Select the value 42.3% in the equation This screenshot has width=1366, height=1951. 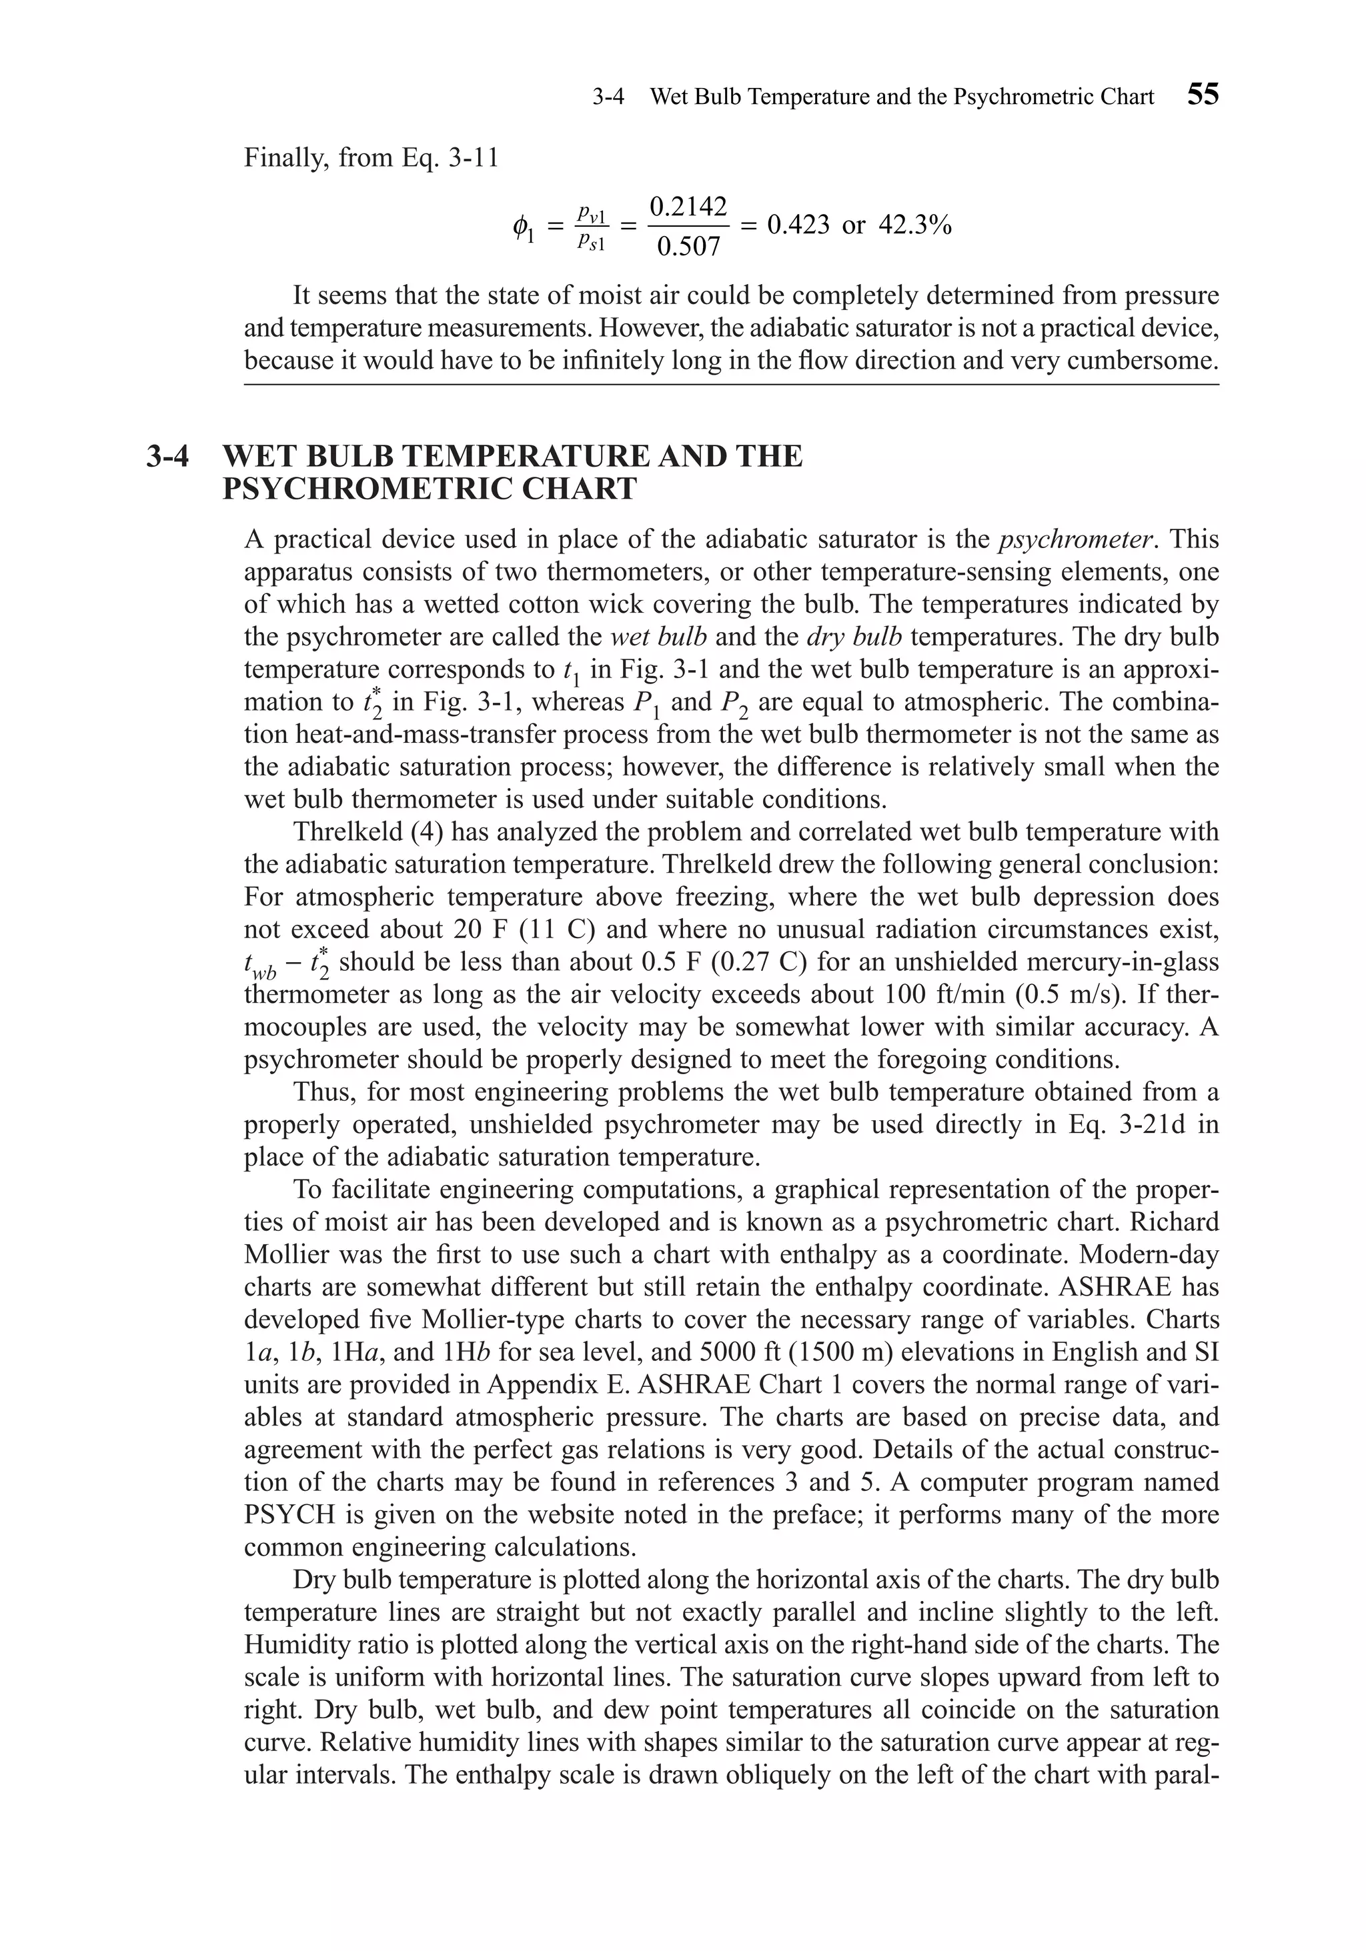(x=914, y=225)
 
